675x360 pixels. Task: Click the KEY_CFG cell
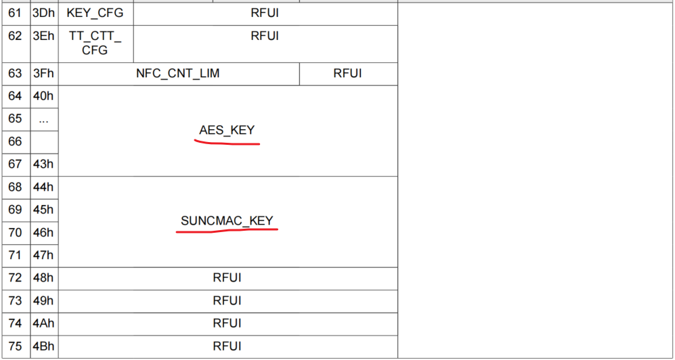95,13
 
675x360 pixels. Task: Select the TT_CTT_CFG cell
95,42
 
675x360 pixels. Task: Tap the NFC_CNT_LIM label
178,74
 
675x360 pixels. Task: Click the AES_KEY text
227,130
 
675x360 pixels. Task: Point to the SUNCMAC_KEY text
227,221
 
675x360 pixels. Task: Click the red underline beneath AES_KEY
227,143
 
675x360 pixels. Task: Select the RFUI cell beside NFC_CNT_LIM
347,74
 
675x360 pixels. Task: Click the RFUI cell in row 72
227,278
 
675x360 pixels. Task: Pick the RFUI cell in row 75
227,346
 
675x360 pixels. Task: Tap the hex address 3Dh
43,13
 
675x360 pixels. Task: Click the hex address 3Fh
43,74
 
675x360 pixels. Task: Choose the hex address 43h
43,164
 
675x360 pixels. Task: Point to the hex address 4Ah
43,323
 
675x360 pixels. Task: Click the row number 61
15,13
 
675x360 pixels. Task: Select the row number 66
15,141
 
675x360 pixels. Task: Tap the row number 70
15,233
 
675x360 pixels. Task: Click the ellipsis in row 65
43,119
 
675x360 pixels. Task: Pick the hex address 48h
43,278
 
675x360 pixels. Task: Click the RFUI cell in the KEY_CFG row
264,13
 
